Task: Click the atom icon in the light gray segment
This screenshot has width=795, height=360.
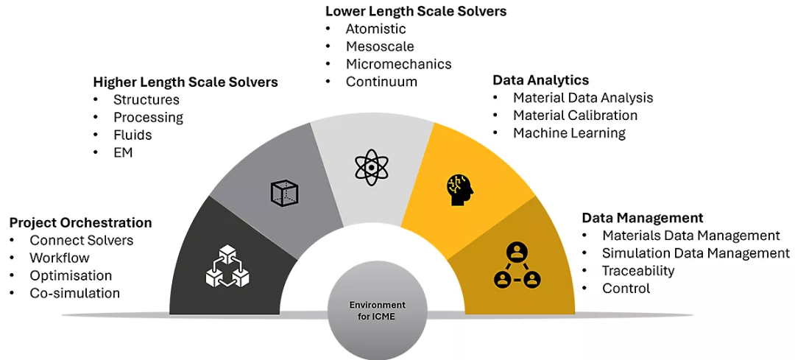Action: (x=372, y=167)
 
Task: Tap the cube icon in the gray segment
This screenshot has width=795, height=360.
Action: (x=284, y=193)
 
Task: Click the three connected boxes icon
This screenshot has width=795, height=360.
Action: (x=227, y=267)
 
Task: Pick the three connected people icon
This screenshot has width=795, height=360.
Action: (x=517, y=265)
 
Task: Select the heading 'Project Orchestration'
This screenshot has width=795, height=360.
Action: (x=81, y=222)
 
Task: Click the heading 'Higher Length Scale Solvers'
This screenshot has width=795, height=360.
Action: (x=185, y=82)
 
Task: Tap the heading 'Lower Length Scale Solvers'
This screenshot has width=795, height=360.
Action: (x=416, y=11)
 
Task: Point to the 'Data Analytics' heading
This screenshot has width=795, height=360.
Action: (x=541, y=80)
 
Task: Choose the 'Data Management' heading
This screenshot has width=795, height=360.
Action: (x=643, y=217)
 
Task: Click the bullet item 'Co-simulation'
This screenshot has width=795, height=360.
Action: (x=74, y=293)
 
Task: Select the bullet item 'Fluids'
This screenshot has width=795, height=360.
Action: (x=132, y=135)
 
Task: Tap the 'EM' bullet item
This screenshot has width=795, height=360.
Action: (x=123, y=152)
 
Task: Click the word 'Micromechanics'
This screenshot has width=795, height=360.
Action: (x=398, y=64)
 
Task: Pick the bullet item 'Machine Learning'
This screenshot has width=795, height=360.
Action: (x=569, y=133)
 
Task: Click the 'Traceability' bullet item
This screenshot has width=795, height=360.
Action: (x=638, y=271)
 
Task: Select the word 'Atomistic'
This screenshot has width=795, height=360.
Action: (x=375, y=29)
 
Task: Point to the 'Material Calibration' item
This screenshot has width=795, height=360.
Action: (x=575, y=115)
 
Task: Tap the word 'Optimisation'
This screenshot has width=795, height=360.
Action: (x=71, y=276)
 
